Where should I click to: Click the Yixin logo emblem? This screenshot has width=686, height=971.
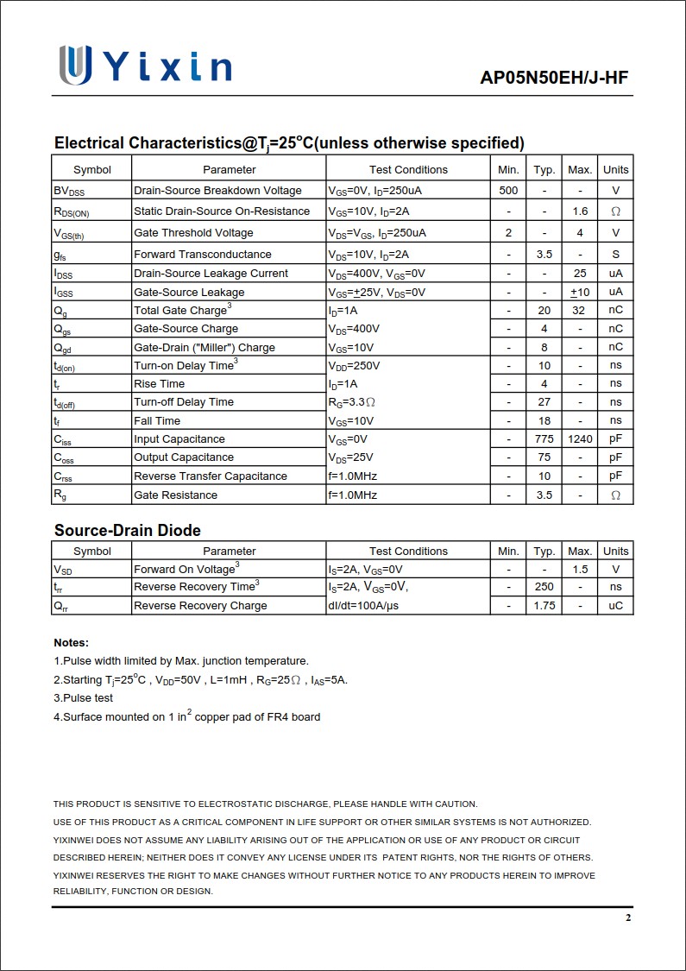75,66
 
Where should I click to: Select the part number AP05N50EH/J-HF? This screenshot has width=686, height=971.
554,79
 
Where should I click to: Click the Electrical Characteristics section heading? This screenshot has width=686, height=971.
289,143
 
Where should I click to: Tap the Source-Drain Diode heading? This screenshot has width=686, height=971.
127,530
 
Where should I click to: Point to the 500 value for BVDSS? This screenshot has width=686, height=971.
508,190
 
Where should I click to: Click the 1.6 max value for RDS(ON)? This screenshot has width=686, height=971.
580,211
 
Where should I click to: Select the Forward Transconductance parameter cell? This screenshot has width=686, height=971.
203,255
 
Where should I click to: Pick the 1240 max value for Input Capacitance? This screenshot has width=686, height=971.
580,439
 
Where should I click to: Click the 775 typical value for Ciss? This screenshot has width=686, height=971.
544,439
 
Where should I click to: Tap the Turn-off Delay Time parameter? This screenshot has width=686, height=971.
184,402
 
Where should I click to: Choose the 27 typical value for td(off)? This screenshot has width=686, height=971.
544,402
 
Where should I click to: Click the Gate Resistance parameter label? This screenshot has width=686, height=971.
175,495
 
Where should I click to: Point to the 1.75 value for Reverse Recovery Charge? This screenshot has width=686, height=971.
544,606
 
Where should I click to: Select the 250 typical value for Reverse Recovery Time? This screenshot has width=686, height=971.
544,587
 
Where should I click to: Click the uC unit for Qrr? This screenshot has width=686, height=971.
615,606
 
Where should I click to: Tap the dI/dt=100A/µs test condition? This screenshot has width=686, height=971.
363,606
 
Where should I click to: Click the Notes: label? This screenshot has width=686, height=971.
71,643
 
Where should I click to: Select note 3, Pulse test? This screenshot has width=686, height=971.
84,698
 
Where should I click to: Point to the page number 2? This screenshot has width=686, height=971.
628,917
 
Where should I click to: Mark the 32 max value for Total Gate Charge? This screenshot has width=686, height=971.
580,311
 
